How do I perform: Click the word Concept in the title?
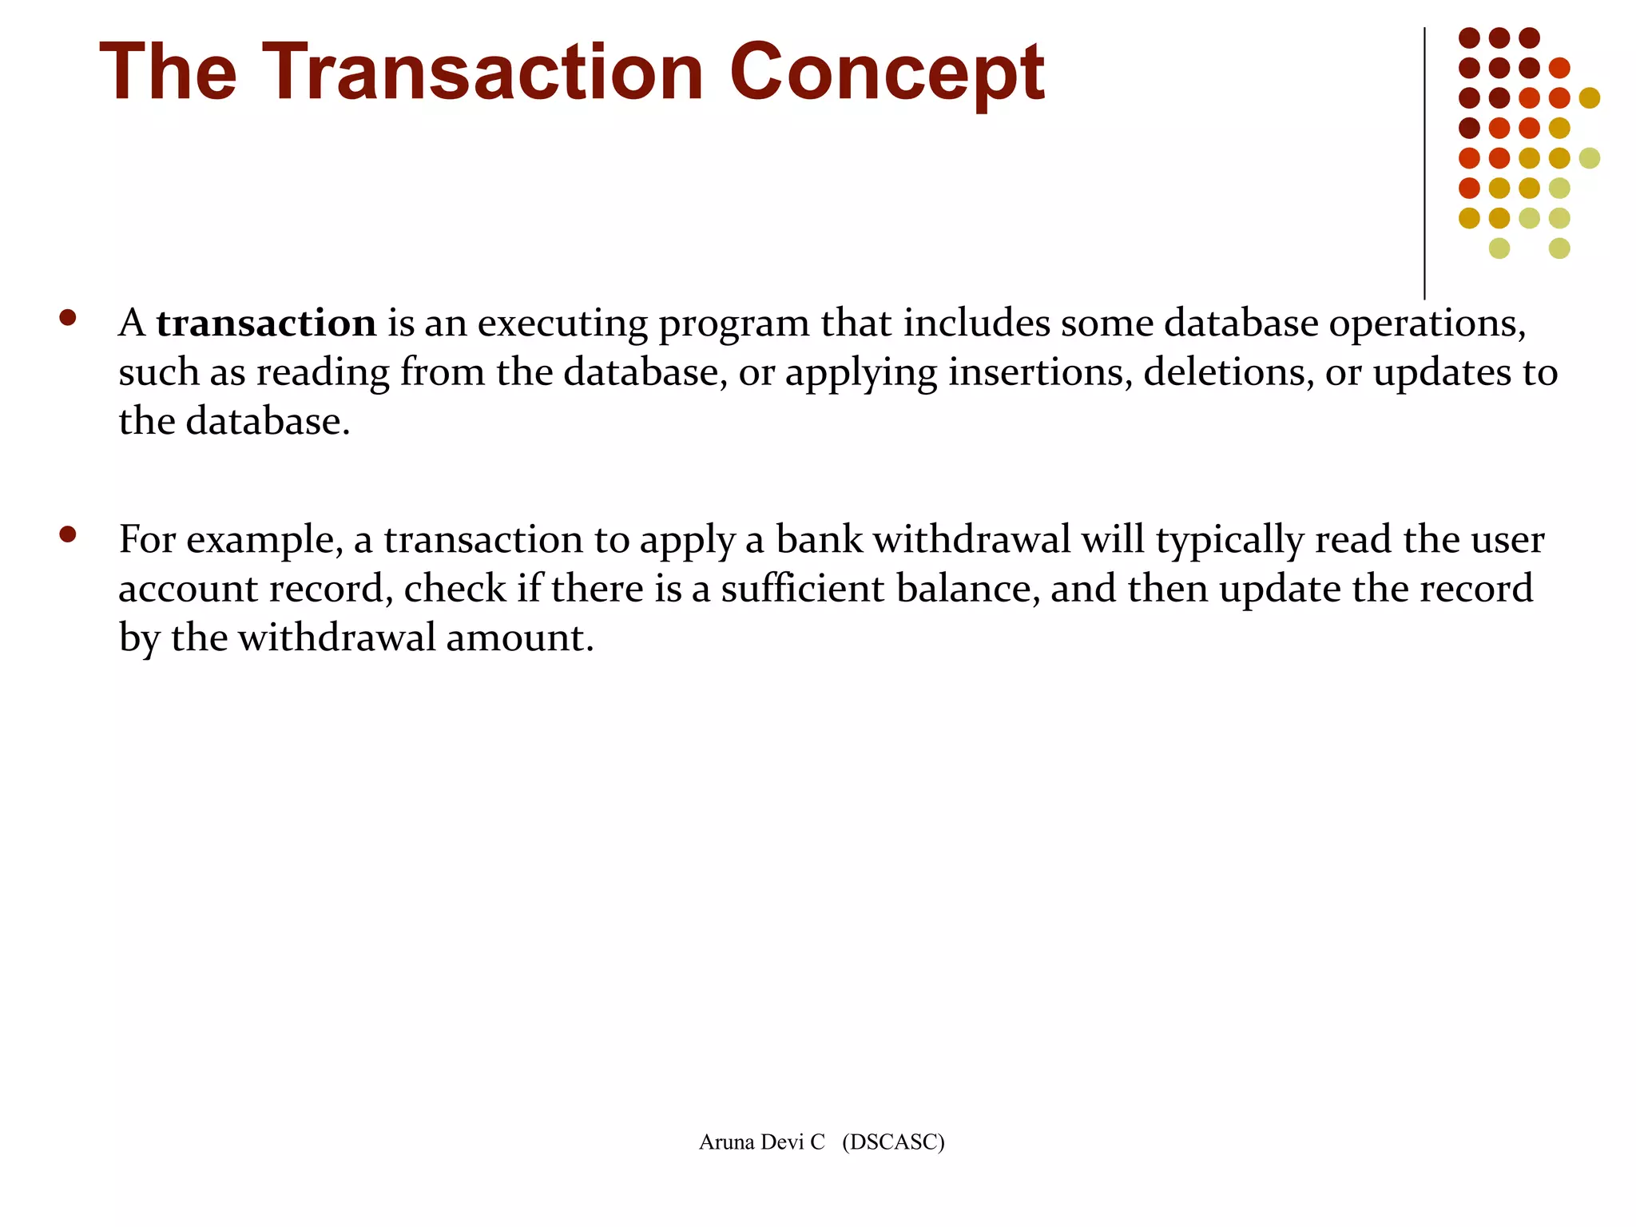[887, 73]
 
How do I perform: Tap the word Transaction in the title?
[482, 73]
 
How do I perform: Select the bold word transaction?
[266, 324]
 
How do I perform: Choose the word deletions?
[1229, 372]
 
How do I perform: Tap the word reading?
[323, 374]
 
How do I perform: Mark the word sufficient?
[803, 589]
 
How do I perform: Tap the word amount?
[519, 638]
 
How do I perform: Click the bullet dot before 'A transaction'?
[68, 318]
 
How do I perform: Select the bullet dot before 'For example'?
[68, 534]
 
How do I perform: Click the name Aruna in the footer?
[726, 1142]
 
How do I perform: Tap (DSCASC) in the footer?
[893, 1142]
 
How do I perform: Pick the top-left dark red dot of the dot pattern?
[1469, 38]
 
